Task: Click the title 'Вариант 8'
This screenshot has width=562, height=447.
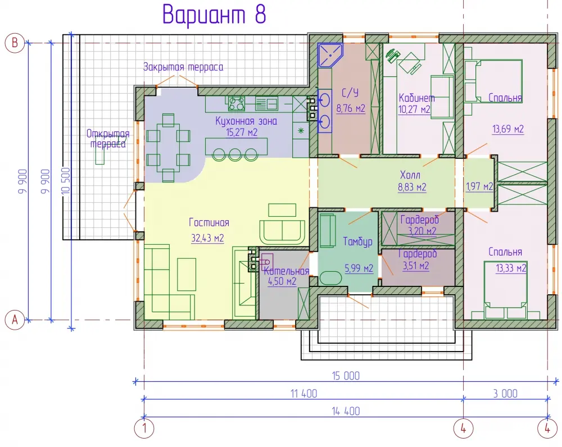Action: pos(214,15)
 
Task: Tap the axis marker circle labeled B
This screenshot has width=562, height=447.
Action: pos(15,43)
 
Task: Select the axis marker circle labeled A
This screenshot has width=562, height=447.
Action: pos(15,320)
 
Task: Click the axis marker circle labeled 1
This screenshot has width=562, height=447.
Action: pos(144,428)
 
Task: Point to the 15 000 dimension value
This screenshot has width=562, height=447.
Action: pos(346,376)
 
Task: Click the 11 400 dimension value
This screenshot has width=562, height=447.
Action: pos(303,394)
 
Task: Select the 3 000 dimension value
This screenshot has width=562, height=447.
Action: pos(505,394)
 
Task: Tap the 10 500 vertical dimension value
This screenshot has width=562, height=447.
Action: pos(66,181)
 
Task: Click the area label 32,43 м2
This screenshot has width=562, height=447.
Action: pos(207,238)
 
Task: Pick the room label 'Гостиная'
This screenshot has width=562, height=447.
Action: pos(209,222)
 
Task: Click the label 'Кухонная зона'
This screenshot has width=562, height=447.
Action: pos(246,121)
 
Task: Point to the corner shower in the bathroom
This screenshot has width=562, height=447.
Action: pos(330,55)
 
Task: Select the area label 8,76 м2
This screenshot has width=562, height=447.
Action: pos(351,108)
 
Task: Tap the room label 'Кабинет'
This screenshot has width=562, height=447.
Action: pos(417,97)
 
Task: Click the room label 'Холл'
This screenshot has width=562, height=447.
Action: pos(410,175)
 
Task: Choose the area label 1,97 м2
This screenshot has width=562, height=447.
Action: pos(479,186)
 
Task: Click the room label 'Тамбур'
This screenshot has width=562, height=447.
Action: pos(357,242)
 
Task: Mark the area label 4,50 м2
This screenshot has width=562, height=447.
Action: pos(282,281)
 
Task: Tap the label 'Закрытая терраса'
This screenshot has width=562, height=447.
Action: pos(183,67)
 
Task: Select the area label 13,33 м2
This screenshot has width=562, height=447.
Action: pos(511,268)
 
